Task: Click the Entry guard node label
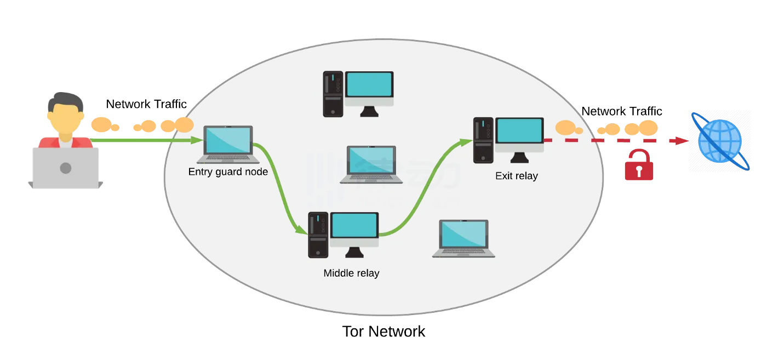click(x=228, y=172)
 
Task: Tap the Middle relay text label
click(x=351, y=273)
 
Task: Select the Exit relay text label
click(x=516, y=176)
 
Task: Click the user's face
click(x=65, y=118)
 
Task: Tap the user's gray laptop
click(x=65, y=168)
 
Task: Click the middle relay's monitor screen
click(x=354, y=225)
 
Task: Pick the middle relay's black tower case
click(x=318, y=235)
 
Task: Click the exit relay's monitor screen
click(x=519, y=130)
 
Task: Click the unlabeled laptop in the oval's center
click(x=368, y=163)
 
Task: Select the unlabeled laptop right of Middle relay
click(x=464, y=238)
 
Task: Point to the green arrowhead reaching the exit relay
click(x=466, y=142)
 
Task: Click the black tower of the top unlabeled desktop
click(x=333, y=94)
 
